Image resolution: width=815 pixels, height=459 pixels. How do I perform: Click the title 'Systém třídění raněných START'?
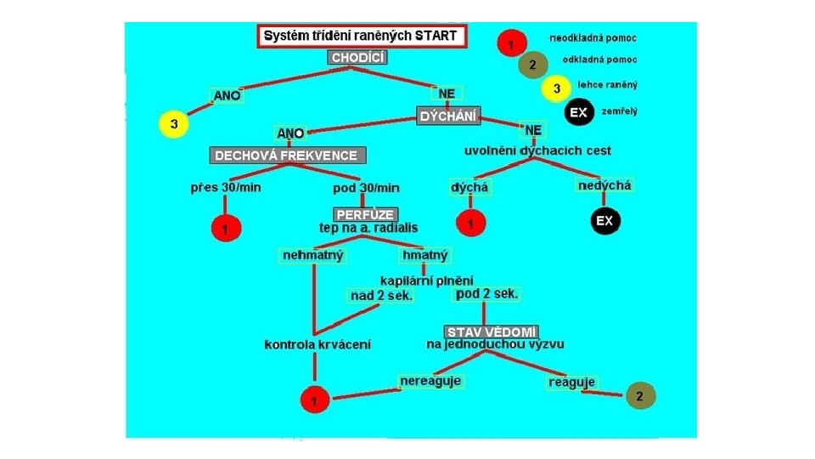coord(360,37)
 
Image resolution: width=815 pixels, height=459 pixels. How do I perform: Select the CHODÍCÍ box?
coord(358,58)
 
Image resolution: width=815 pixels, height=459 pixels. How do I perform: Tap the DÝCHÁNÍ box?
coord(449,116)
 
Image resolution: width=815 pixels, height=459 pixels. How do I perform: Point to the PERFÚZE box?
coord(365,215)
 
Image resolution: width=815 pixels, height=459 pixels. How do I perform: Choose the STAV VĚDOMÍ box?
coord(492,331)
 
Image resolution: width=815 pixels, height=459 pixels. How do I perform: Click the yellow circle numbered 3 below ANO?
coord(173,125)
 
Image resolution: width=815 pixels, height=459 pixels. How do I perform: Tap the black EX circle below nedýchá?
coord(604,221)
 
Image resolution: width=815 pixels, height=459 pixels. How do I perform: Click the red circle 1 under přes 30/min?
coord(225,229)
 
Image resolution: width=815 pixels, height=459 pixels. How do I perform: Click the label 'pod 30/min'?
coord(367,188)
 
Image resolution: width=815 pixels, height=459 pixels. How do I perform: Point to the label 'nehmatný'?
coord(313,255)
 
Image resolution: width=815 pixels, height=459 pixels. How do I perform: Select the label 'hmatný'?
coord(424,255)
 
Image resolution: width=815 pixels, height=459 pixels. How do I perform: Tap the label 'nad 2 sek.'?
coord(382,296)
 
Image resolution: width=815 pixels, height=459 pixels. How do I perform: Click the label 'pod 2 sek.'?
coord(486,294)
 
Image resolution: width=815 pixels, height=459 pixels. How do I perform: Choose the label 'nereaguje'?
coord(431,381)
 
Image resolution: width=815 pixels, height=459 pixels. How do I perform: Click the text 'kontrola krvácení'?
coord(318,344)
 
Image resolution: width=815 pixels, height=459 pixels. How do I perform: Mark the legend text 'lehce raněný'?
coord(608,85)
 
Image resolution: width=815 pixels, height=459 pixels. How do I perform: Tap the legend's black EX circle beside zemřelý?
coord(579,112)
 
